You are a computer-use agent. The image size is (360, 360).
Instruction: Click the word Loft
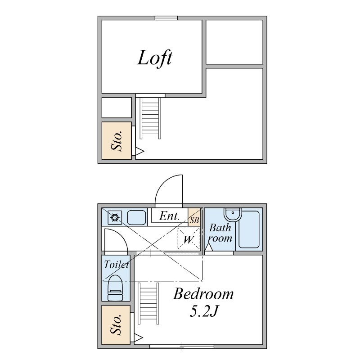pyautogui.click(x=154, y=58)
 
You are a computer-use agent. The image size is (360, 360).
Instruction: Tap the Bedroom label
pyautogui.click(x=203, y=294)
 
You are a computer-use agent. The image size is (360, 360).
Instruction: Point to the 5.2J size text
pyautogui.click(x=203, y=311)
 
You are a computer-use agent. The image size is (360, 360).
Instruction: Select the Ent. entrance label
pyautogui.click(x=170, y=216)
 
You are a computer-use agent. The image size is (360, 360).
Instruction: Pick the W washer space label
pyautogui.click(x=188, y=239)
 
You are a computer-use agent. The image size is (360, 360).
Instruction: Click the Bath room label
pyautogui.click(x=220, y=233)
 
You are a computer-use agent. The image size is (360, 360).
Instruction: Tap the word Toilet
pyautogui.click(x=116, y=265)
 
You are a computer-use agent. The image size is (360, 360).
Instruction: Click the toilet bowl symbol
pyautogui.click(x=115, y=288)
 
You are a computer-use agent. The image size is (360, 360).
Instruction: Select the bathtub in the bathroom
pyautogui.click(x=249, y=229)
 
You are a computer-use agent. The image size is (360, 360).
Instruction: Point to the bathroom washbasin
pyautogui.click(x=233, y=215)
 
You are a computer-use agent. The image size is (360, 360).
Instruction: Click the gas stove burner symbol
pyautogui.click(x=115, y=217)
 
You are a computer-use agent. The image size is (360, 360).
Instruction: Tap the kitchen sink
pyautogui.click(x=137, y=217)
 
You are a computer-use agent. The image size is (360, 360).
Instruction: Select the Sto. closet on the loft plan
pyautogui.click(x=117, y=140)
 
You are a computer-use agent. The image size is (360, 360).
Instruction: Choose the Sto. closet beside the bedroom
pyautogui.click(x=116, y=324)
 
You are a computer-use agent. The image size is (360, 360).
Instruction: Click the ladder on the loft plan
pyautogui.click(x=150, y=118)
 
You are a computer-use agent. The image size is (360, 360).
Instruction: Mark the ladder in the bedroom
pyautogui.click(x=148, y=303)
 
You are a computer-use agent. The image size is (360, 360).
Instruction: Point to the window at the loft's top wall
pyautogui.click(x=166, y=18)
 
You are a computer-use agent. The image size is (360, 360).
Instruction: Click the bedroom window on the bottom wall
pyautogui.click(x=182, y=346)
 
